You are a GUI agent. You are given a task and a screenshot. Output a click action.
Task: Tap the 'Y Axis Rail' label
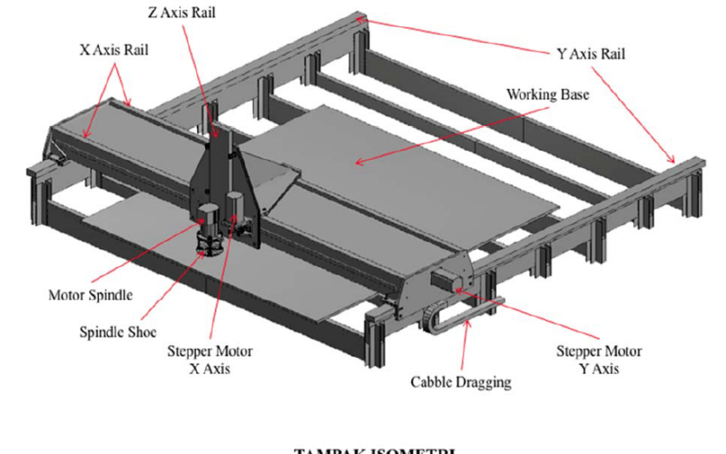590,54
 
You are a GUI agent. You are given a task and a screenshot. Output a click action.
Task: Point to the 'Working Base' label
544,94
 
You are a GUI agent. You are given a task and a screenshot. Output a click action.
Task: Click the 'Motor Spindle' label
90,295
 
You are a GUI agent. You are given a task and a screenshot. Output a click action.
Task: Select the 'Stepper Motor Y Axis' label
599,360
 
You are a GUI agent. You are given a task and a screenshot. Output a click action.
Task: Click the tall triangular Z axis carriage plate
222,173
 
